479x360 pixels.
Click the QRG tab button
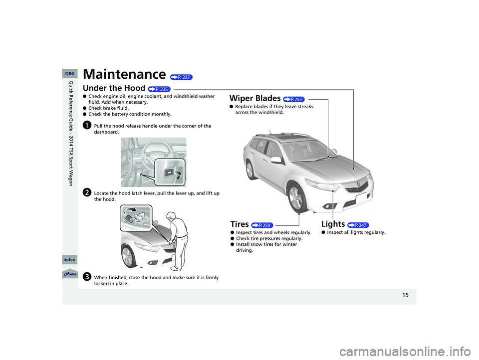coord(70,74)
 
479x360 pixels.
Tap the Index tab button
coord(70,260)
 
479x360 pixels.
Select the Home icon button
coord(70,274)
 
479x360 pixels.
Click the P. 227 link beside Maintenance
coord(182,77)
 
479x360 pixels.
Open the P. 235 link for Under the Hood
coord(159,89)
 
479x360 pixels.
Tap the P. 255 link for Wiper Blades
coord(294,99)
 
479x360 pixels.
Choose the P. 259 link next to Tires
coord(262,225)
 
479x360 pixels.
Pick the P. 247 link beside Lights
coord(358,225)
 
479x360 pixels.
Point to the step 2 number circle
coord(87,192)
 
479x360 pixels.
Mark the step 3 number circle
coord(87,276)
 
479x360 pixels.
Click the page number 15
coord(405,295)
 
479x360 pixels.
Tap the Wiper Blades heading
coord(255,98)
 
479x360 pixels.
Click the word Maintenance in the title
coord(124,74)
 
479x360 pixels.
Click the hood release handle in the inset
coord(169,174)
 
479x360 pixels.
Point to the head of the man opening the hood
coord(171,215)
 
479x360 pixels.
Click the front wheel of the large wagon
coord(296,198)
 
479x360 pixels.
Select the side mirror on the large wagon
coord(276,160)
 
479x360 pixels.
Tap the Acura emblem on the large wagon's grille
coord(358,184)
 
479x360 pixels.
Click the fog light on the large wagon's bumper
coord(329,206)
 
